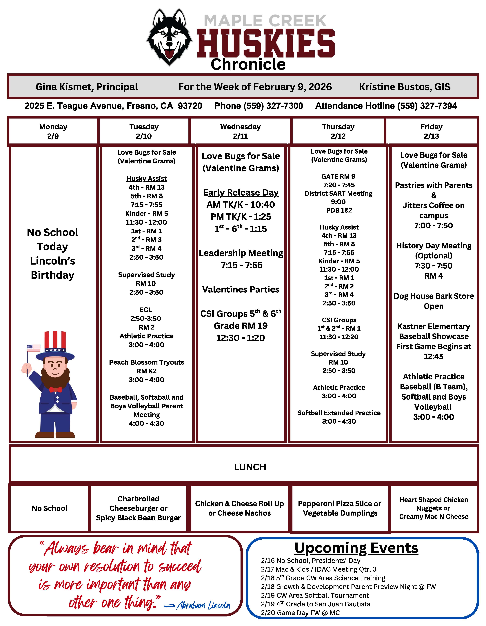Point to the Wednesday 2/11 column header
point(240,131)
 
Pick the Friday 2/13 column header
point(431,131)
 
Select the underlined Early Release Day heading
point(241,192)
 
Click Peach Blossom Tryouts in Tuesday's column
point(146,362)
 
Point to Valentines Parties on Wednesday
point(241,290)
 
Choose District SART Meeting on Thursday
point(338,193)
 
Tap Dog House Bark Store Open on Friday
point(434,301)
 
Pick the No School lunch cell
point(50,508)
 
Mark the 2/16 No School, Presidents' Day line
point(310,561)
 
